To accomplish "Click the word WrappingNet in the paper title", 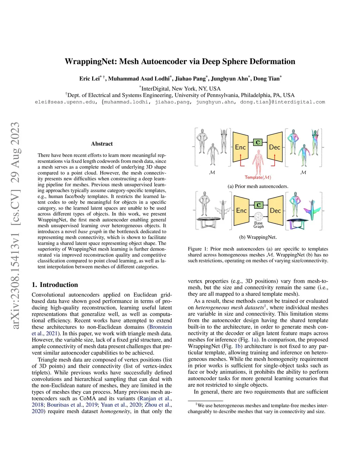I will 91,62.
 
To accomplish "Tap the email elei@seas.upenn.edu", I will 65,102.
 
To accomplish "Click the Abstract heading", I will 102,143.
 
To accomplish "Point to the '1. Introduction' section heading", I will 55,285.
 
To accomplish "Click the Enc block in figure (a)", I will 240,147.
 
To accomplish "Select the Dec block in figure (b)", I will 275,210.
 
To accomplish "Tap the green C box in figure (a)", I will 258,142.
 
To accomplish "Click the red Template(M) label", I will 258,177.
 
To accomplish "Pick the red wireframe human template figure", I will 258,162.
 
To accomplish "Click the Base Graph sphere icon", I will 258,216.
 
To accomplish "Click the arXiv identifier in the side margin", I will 15,225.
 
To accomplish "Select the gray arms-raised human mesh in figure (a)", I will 224,141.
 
